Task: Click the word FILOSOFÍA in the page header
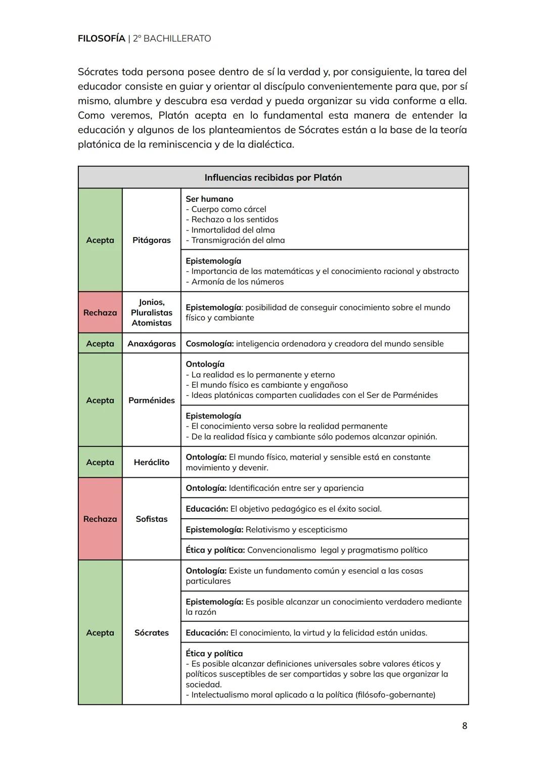tap(101, 38)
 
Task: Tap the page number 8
tap(465, 726)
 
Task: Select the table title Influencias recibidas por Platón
tap(273, 177)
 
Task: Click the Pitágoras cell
tap(151, 240)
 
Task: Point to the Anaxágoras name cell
tap(151, 344)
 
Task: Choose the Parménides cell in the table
tap(151, 400)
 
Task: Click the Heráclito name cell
tap(151, 462)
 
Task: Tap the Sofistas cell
tap(151, 519)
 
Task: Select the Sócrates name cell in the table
tap(151, 632)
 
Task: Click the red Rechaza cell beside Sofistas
tap(100, 519)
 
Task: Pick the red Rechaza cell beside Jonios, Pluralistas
tap(100, 312)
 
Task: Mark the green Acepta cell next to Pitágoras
tap(100, 240)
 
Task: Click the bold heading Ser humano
tap(209, 199)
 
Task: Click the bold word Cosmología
tap(209, 344)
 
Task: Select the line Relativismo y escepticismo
tap(296, 529)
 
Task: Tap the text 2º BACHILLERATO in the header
tap(172, 38)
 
